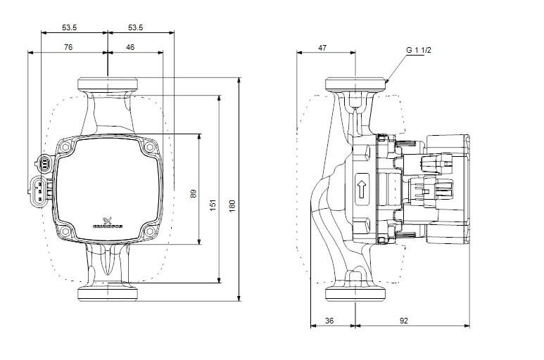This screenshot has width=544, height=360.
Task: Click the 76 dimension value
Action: click(x=68, y=47)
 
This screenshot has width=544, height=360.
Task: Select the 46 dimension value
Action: click(x=131, y=47)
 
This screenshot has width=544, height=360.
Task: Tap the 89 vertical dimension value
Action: click(x=194, y=193)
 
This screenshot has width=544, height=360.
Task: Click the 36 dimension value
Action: click(x=330, y=321)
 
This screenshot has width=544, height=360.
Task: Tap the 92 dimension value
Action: click(x=404, y=321)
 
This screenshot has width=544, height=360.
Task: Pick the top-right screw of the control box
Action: click(x=150, y=149)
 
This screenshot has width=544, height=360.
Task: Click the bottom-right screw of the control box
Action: click(x=150, y=231)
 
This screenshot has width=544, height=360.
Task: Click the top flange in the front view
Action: click(x=107, y=83)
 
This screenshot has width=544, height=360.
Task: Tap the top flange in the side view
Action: click(x=356, y=84)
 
